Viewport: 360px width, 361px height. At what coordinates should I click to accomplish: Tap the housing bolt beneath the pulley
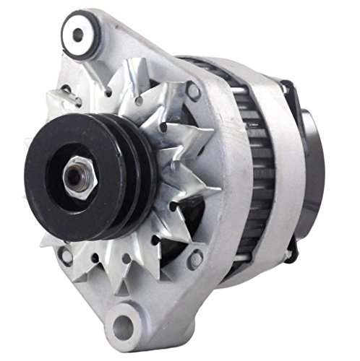tap(67, 254)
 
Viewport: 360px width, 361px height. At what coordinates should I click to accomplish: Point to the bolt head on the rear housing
tap(289, 254)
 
